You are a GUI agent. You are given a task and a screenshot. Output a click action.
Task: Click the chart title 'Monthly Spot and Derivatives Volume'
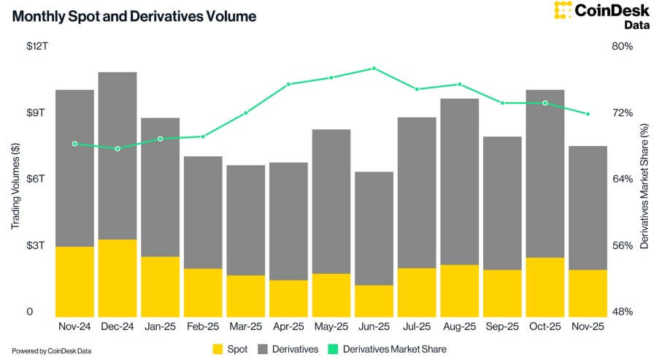[x=134, y=16]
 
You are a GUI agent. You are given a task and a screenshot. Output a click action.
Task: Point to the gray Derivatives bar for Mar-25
[x=245, y=220]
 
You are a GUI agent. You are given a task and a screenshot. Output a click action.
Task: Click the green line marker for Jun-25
[x=374, y=68]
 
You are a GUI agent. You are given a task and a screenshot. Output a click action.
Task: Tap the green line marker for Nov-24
[x=74, y=144]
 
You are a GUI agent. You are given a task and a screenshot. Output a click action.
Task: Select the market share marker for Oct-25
[x=544, y=103]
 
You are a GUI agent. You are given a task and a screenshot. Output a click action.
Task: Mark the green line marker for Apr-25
[x=288, y=85]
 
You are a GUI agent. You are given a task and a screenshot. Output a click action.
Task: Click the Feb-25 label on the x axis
[x=203, y=328]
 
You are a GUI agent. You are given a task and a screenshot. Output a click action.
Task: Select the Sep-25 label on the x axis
[x=502, y=328]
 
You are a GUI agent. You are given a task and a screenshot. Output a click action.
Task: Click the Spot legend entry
[x=230, y=349]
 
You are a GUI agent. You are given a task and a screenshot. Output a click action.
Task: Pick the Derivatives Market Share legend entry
[x=385, y=349]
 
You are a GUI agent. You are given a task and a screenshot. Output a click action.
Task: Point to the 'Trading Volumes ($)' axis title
[x=15, y=179]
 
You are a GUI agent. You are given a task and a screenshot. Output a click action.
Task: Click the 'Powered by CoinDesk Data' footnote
[x=51, y=351]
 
